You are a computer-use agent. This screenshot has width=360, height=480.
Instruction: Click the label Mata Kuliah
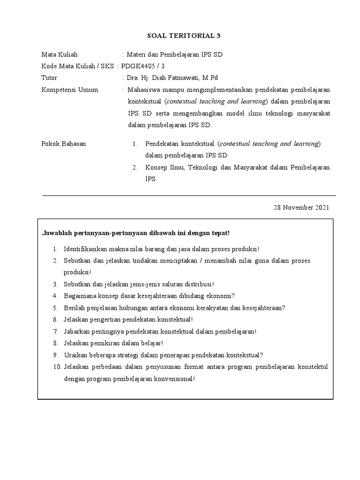pos(60,55)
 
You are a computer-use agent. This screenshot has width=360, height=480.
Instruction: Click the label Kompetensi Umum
pos(70,90)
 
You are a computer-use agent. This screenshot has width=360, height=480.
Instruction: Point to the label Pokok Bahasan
pos(64,144)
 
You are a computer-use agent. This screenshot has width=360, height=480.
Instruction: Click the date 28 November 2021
pos(301,207)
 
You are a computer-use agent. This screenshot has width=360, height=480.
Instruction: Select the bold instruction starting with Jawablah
pos(136,233)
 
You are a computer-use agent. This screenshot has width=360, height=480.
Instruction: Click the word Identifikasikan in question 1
pos(85,249)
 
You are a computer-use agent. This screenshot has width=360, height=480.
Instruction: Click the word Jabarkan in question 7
pos(76,331)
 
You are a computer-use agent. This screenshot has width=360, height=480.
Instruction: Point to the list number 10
pos(56,367)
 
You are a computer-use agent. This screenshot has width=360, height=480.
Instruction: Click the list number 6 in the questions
pos(55,320)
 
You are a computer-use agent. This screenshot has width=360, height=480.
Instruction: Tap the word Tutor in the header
pos(49,78)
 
